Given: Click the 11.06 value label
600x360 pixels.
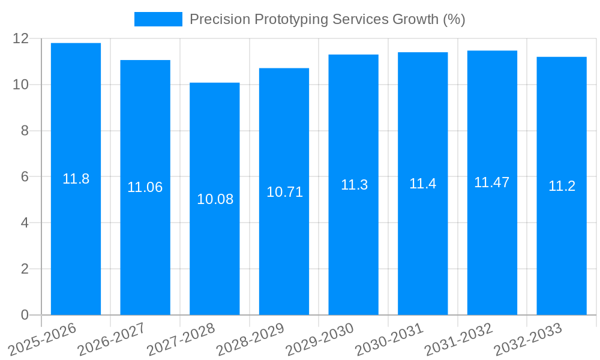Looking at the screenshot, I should (x=145, y=187).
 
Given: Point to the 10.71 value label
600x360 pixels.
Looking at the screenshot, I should (x=284, y=192).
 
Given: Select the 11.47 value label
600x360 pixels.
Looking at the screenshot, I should (x=491, y=183).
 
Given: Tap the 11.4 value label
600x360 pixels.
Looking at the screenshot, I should (x=422, y=184).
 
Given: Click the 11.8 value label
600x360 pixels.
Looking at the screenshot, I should (x=76, y=179).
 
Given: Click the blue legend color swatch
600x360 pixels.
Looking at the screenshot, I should (x=158, y=19).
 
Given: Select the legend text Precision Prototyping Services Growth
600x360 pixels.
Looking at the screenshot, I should (x=327, y=19).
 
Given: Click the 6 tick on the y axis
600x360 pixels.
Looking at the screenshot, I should (x=25, y=177).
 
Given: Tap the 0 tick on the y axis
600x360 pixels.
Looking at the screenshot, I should (x=25, y=315).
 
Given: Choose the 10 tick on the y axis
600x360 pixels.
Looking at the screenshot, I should (x=21, y=85).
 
